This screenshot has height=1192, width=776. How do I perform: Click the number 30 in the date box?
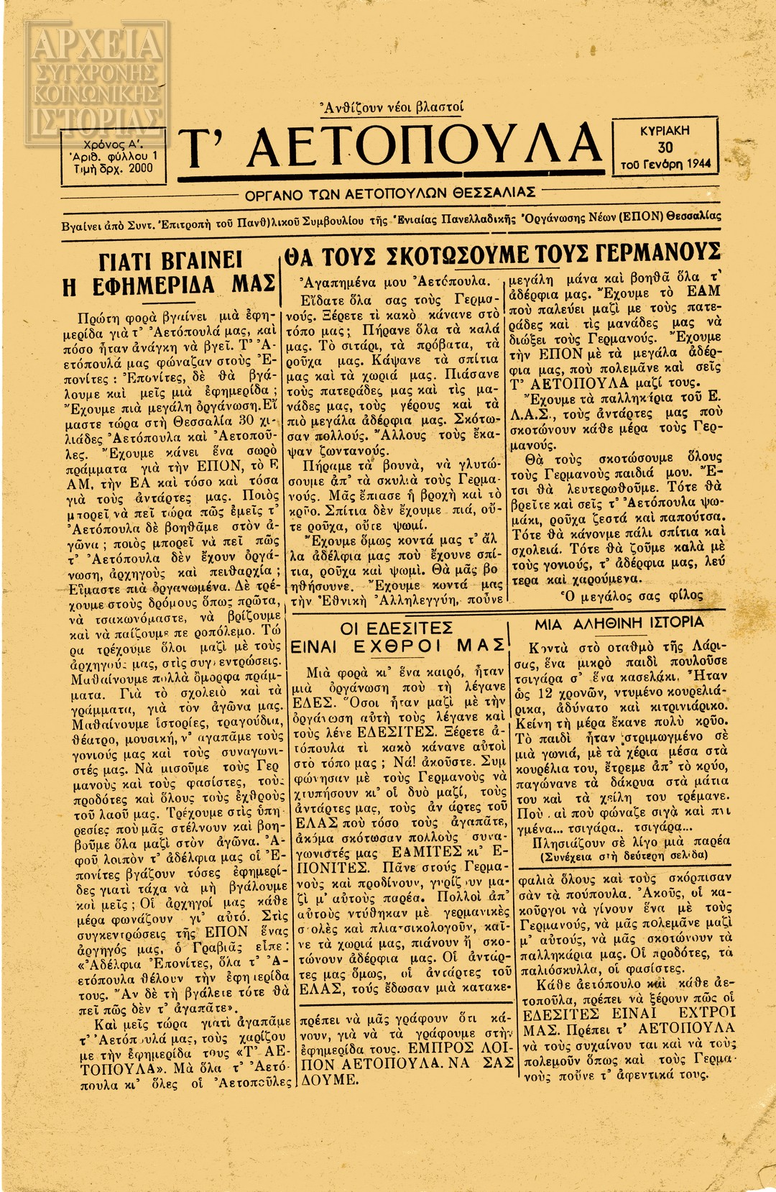[665, 147]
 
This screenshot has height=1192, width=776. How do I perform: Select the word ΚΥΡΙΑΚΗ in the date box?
[665, 131]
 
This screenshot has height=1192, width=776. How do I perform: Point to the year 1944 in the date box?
[698, 163]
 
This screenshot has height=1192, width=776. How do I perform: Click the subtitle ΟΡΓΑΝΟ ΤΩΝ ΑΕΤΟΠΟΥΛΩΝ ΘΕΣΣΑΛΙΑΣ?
[391, 194]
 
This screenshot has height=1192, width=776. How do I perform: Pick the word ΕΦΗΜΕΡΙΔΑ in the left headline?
[154, 285]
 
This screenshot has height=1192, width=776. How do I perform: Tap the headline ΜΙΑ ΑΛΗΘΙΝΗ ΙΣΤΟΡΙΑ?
[619, 623]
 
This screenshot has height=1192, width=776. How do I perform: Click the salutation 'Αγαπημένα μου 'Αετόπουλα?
[394, 281]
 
